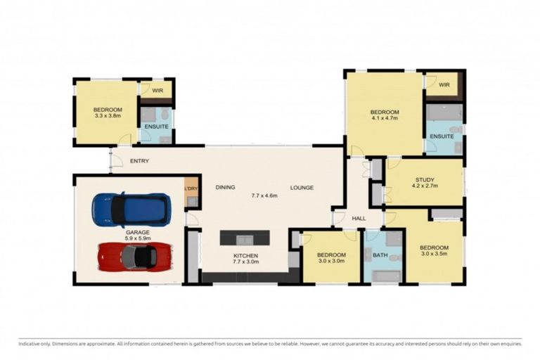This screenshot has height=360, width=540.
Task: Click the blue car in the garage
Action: click(131, 209)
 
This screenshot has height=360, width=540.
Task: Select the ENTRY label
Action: click(139, 161)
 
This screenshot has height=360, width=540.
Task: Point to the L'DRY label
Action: click(190, 188)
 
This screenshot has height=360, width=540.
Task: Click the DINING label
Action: click(225, 187)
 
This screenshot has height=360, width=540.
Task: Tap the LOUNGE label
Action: click(302, 187)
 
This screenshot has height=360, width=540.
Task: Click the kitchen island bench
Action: click(244, 238)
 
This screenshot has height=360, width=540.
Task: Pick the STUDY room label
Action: click(426, 179)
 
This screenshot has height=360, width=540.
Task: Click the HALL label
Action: click(359, 219)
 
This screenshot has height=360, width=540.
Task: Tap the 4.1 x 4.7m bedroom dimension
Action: click(385, 120)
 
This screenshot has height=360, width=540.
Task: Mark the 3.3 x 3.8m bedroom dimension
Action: click(108, 117)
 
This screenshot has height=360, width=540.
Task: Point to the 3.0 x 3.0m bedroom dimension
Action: click(330, 262)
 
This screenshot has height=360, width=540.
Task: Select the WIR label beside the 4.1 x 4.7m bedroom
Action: click(444, 85)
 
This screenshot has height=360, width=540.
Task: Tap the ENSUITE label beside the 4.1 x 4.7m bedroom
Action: click(442, 136)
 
